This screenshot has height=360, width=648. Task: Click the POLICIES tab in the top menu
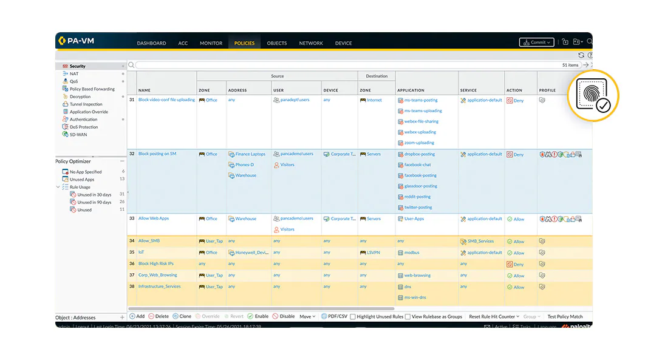[244, 43]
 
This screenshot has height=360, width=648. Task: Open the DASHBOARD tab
[151, 43]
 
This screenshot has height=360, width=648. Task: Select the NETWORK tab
[311, 43]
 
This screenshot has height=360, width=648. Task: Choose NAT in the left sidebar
[73, 73]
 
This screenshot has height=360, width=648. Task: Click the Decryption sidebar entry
[80, 97]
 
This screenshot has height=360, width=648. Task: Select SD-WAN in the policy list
[78, 134]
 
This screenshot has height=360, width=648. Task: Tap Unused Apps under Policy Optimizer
[82, 180]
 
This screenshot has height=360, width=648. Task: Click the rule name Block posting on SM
[157, 154]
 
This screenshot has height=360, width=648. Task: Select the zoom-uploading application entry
[419, 143]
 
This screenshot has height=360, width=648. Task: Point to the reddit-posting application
[417, 197]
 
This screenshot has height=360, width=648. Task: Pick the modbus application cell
[412, 253]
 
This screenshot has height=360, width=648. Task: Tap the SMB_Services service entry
[479, 241]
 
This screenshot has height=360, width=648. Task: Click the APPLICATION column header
[411, 90]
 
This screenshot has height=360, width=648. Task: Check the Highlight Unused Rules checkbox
[353, 316]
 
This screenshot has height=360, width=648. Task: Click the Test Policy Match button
[565, 316]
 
